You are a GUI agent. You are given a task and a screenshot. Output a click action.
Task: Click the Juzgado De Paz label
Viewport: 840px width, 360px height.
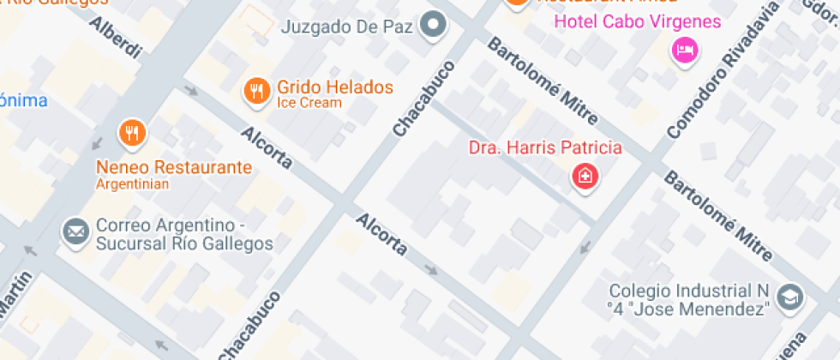[347, 27]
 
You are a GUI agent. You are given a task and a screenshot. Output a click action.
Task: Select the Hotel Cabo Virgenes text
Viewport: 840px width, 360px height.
[638, 21]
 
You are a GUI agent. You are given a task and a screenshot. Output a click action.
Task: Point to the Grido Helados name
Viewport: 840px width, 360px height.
[335, 87]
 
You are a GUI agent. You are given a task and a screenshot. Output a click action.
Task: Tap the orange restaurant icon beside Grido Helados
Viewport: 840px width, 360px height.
[255, 89]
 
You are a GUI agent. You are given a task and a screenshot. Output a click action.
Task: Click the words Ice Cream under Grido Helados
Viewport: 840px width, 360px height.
[309, 104]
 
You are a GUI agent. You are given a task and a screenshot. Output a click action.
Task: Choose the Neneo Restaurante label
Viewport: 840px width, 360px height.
[174, 167]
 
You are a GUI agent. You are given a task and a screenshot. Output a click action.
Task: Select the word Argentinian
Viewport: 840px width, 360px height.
[132, 183]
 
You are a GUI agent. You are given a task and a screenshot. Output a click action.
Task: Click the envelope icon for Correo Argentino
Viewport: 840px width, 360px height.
[75, 231]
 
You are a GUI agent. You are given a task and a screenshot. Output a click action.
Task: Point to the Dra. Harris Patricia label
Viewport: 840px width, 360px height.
[545, 147]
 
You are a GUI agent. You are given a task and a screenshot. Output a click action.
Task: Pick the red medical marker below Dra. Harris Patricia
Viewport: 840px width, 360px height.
[585, 177]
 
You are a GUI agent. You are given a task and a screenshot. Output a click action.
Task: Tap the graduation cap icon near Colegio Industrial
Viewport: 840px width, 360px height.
[789, 296]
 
